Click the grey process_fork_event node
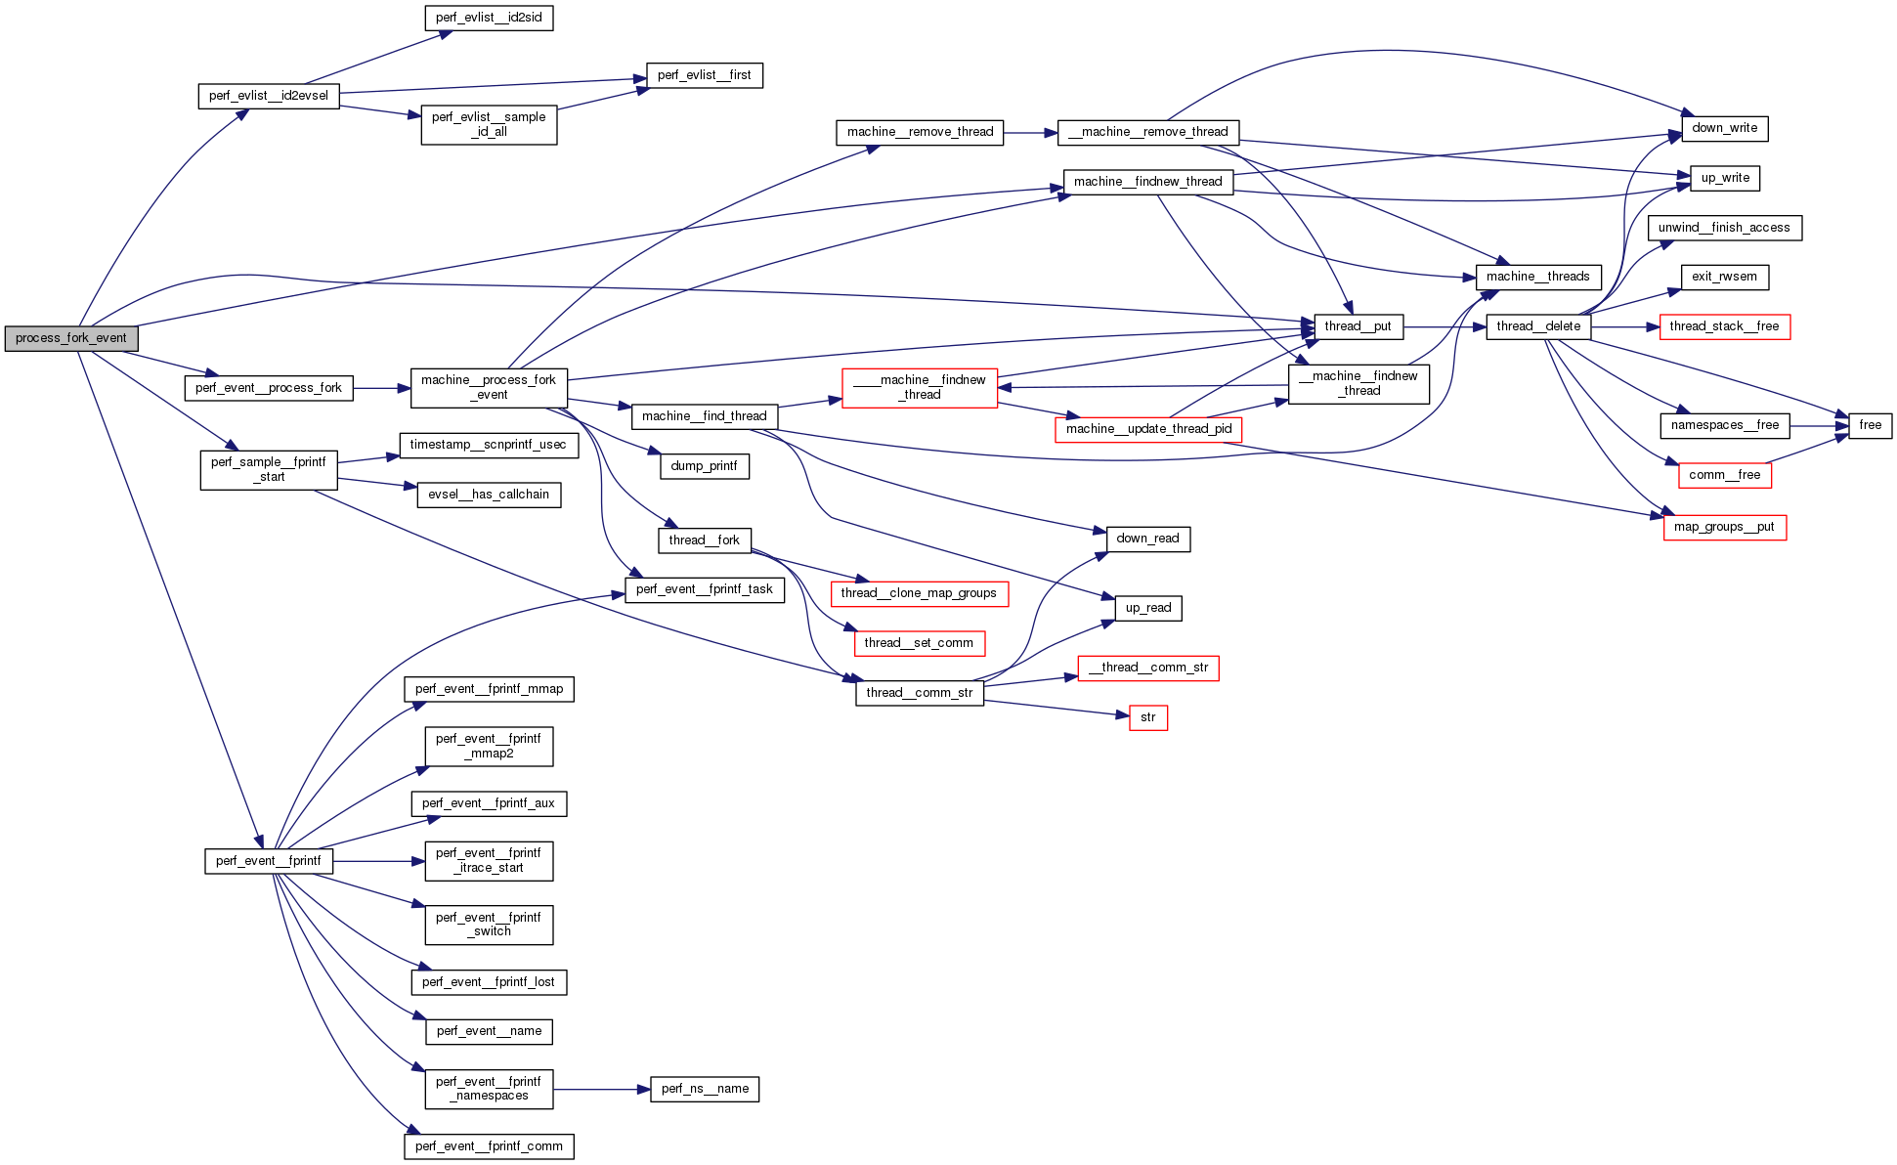[x=70, y=338]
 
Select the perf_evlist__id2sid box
[x=489, y=18]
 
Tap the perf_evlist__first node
[x=704, y=75]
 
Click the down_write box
[x=1724, y=128]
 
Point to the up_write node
[x=1725, y=178]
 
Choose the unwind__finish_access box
[x=1724, y=228]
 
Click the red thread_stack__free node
[x=1724, y=326]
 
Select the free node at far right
[x=1870, y=425]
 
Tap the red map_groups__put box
[x=1724, y=527]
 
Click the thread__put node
[x=1358, y=326]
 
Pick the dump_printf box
[x=704, y=466]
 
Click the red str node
[x=1147, y=717]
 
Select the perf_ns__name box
[x=705, y=1089]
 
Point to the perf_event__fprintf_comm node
[x=489, y=1146]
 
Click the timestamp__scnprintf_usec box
[x=488, y=445]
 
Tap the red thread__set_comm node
[x=919, y=643]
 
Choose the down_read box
[x=1147, y=539]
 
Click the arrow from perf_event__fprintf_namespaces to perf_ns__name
[x=601, y=1089]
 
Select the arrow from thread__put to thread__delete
[x=1444, y=326]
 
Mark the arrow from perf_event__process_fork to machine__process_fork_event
[x=381, y=388]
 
